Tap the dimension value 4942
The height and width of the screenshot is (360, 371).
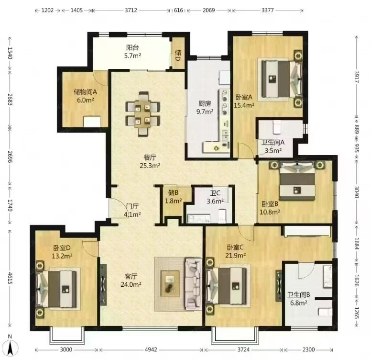tap(151, 349)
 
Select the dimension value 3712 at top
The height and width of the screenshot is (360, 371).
tap(131, 10)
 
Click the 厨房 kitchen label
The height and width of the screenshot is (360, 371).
tap(205, 103)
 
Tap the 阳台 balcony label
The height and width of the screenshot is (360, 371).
tap(132, 48)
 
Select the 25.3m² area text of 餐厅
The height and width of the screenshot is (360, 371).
tap(150, 165)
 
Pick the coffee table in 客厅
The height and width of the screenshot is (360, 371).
tap(170, 283)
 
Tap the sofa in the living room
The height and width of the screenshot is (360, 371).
tap(193, 284)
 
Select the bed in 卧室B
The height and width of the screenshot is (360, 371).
tap(297, 181)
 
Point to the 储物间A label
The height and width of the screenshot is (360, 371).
tap(85, 92)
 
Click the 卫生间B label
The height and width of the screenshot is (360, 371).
tap(299, 295)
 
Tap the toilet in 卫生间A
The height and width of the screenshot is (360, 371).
tap(276, 127)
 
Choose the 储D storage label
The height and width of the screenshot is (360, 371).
tap(178, 55)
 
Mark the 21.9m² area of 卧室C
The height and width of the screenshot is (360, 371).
tap(235, 255)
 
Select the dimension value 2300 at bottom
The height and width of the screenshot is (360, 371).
tap(308, 349)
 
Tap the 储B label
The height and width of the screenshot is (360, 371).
tap(173, 192)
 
